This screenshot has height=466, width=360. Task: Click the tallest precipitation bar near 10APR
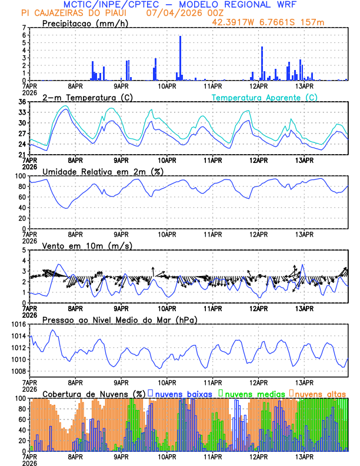coord(181,58)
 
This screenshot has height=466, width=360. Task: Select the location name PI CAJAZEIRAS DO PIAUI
coord(77,13)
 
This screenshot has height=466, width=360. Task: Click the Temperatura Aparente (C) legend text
coord(264,97)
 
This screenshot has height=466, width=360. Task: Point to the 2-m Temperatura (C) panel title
coord(87,97)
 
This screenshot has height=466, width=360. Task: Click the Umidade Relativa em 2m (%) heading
coord(102,171)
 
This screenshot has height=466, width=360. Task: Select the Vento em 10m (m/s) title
coord(87,245)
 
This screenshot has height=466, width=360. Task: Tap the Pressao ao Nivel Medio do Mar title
coord(119,319)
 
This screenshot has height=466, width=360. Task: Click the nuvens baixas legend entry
coord(183,393)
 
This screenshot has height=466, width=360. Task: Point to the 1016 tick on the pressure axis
coord(19,324)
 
